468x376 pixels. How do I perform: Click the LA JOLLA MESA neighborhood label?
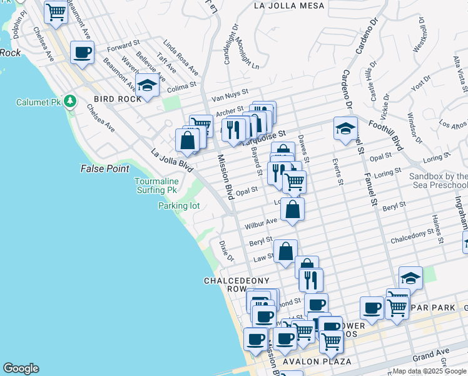(289, 6)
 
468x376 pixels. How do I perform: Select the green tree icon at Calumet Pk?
(70, 101)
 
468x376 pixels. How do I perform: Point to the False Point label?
(104, 169)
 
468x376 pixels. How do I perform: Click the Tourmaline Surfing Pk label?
(156, 185)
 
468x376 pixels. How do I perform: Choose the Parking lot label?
(178, 206)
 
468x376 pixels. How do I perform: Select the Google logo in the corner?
(21, 368)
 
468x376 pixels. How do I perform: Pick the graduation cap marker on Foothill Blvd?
(345, 128)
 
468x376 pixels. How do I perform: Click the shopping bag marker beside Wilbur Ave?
(292, 209)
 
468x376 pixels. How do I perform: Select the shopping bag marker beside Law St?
(285, 251)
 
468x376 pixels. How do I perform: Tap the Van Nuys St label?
(231, 97)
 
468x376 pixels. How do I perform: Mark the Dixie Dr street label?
(226, 251)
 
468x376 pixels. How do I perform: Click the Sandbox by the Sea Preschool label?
(438, 181)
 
